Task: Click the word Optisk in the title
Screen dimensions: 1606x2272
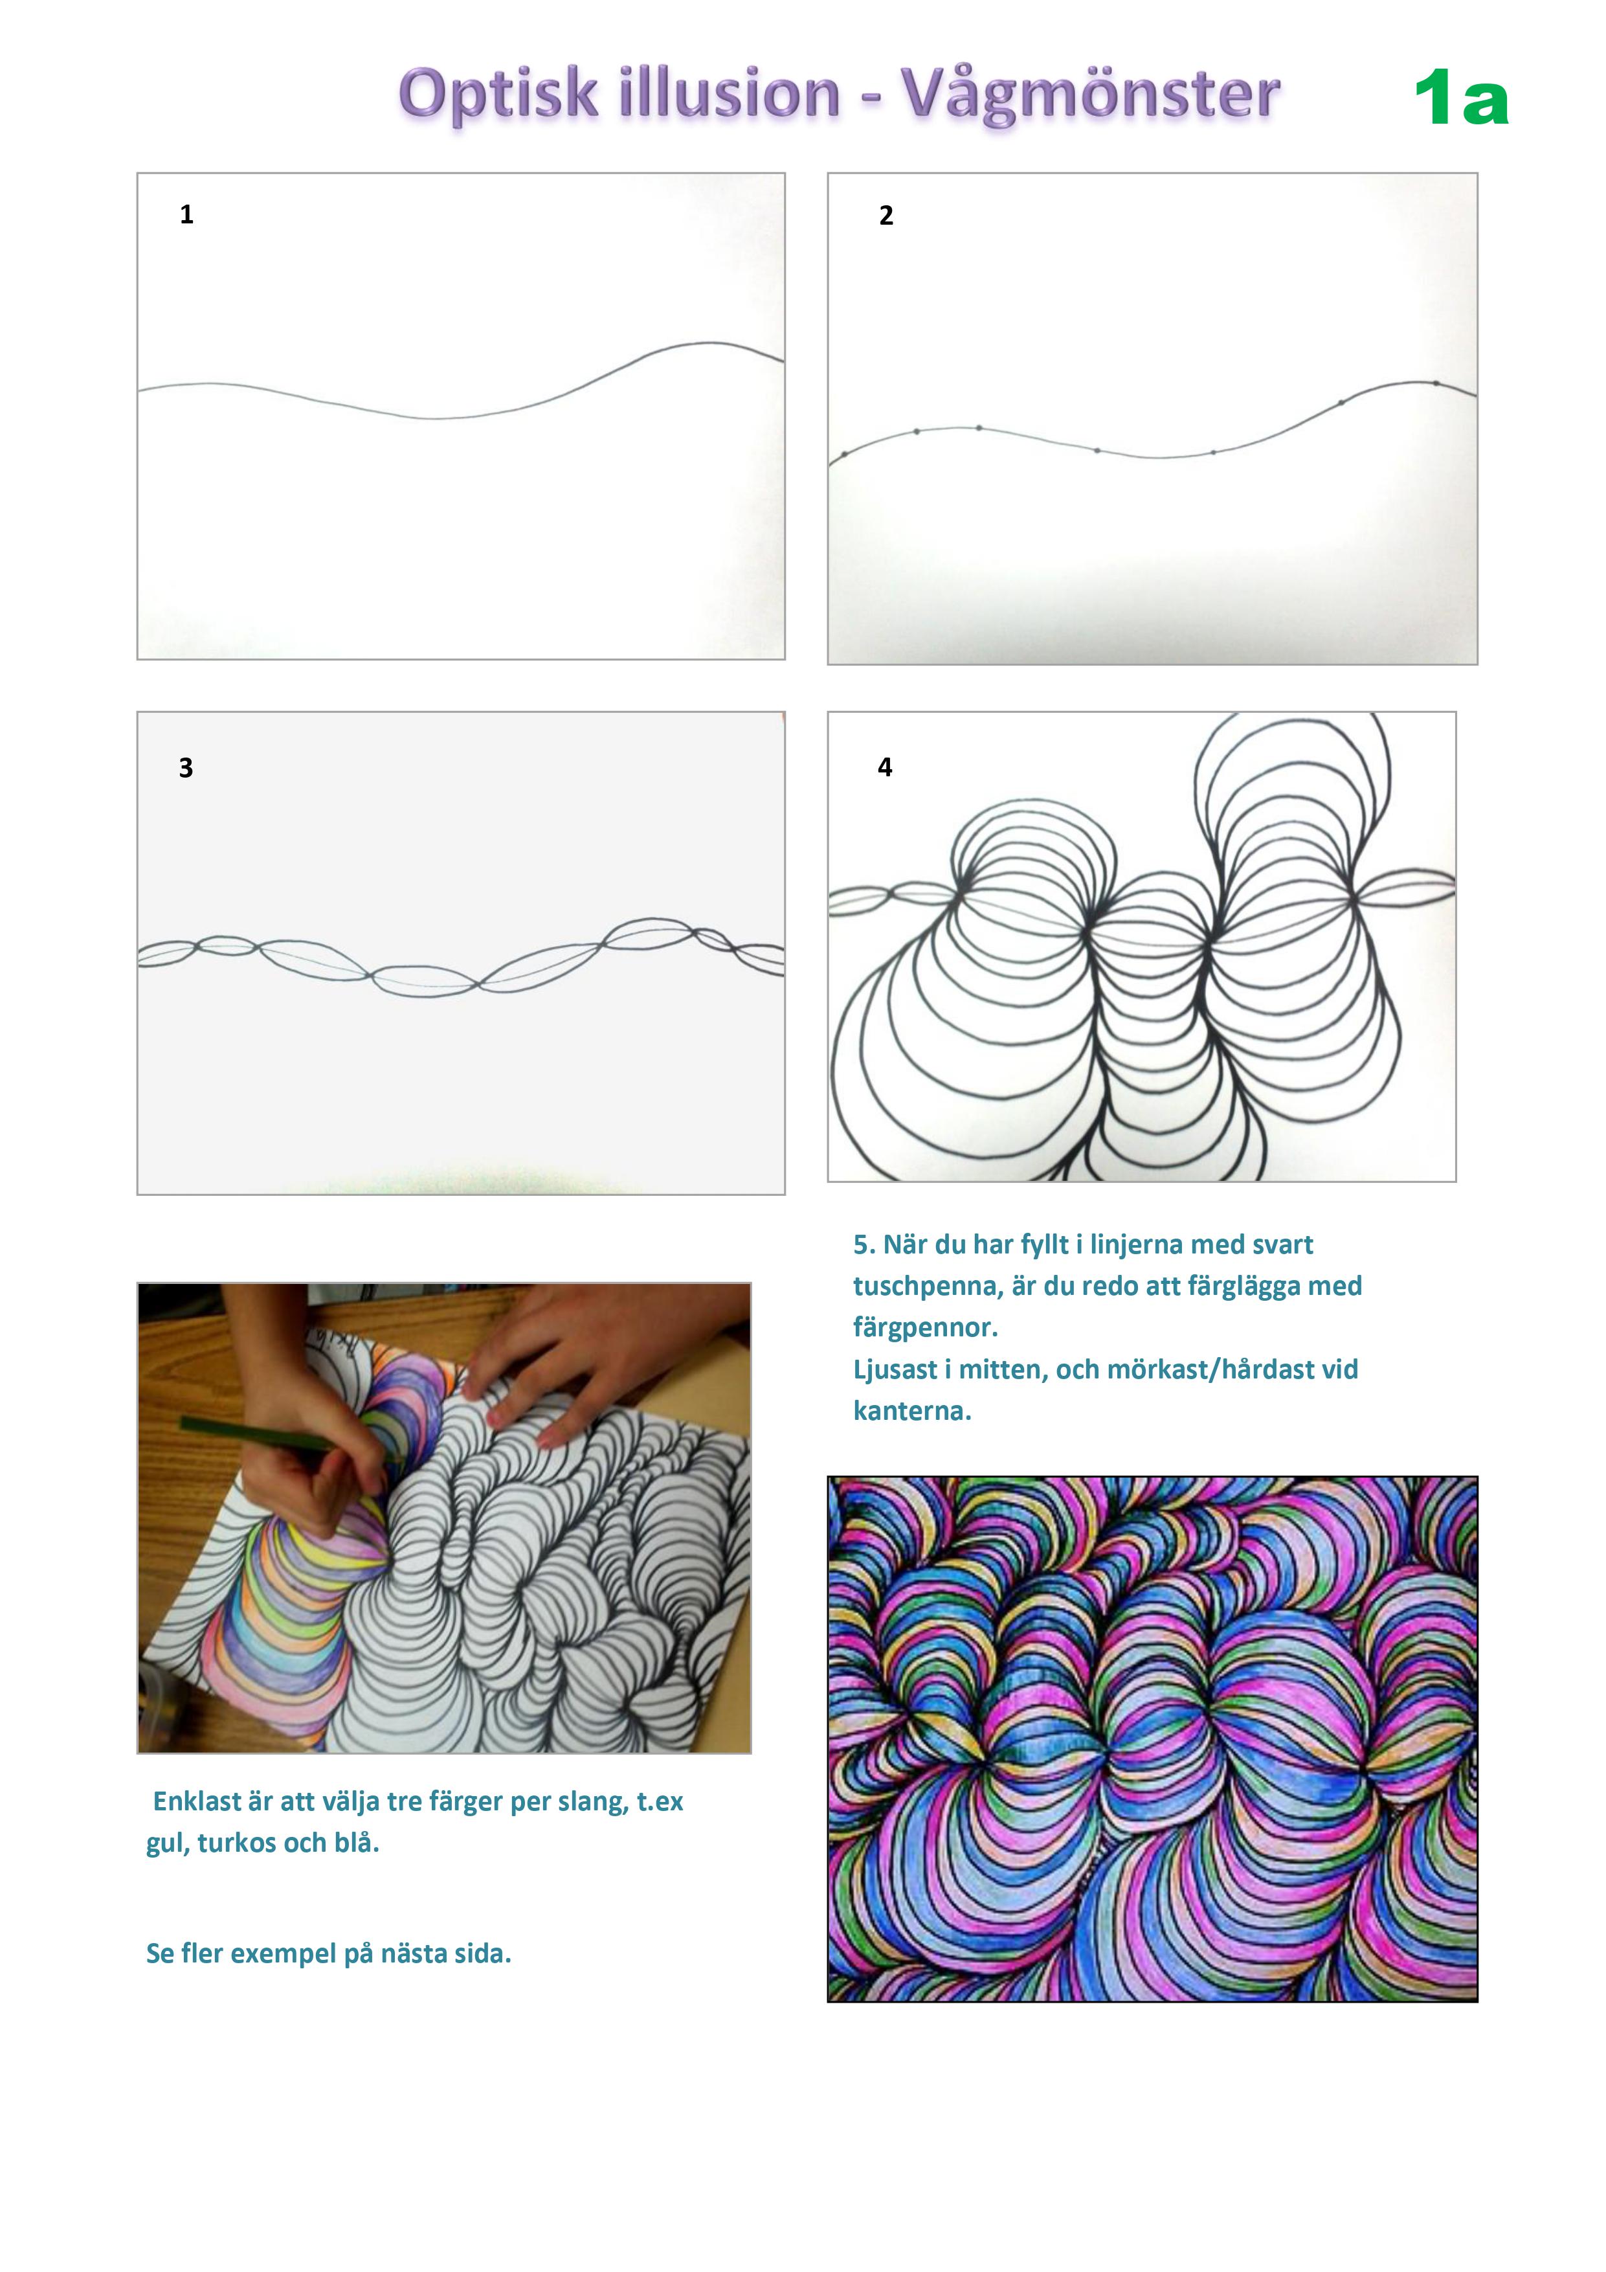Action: coord(500,95)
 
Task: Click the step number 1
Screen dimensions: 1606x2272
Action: coord(186,215)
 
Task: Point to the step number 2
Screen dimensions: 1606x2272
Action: coord(886,216)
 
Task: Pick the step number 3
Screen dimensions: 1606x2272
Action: coord(186,768)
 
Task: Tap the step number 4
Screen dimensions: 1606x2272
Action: coord(885,767)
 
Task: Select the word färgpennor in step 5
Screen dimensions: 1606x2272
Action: coord(924,1328)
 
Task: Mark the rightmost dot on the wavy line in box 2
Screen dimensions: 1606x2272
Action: coord(1436,383)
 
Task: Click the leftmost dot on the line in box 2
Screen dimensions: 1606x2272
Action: coord(844,455)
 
